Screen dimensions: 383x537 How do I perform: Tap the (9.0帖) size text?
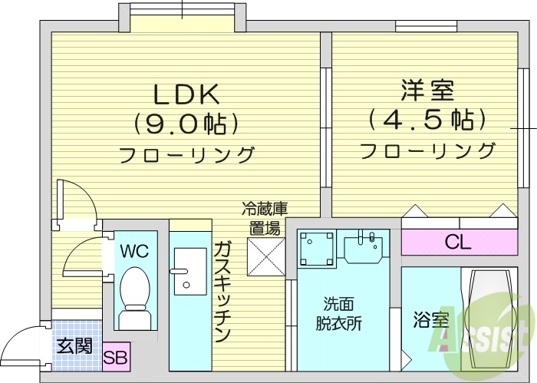pyautogui.click(x=187, y=123)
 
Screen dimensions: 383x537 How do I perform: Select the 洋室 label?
pyautogui.click(x=427, y=91)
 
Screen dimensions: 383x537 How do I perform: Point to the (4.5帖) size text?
pyautogui.click(x=427, y=120)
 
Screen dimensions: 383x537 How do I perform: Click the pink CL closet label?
pyautogui.click(x=458, y=243)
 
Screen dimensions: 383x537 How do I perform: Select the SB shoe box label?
pyautogui.click(x=117, y=357)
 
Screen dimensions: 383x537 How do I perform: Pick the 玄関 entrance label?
pyautogui.click(x=74, y=345)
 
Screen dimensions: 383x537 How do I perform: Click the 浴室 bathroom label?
pyautogui.click(x=431, y=320)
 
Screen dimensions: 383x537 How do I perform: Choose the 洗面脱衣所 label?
pyautogui.click(x=338, y=313)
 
